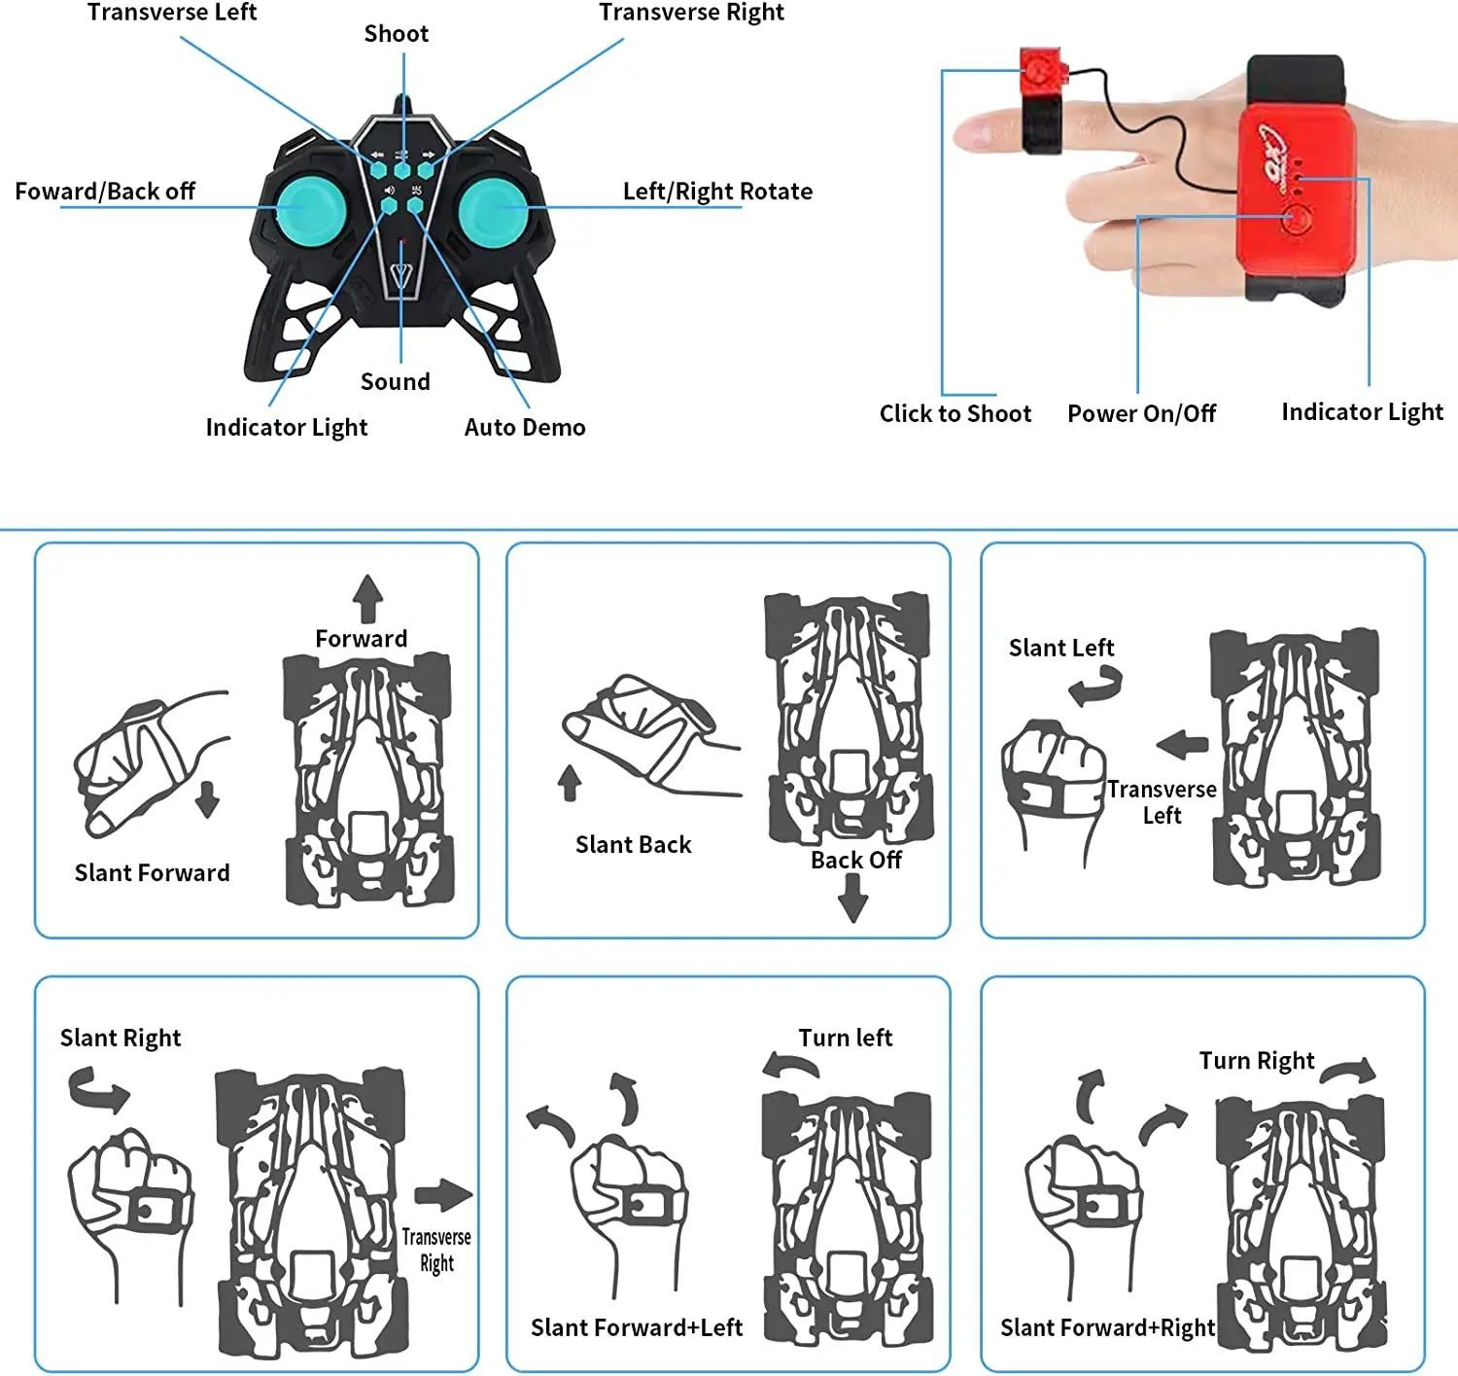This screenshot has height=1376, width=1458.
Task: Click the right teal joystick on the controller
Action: click(494, 209)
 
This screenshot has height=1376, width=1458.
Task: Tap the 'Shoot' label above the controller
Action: click(396, 34)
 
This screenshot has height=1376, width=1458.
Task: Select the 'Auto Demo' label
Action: click(525, 427)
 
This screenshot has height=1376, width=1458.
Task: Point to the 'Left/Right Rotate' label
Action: click(717, 192)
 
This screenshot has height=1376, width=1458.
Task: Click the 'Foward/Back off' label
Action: click(105, 192)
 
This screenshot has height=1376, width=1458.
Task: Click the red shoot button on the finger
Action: click(1041, 72)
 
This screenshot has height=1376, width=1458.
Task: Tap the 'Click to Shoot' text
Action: click(955, 413)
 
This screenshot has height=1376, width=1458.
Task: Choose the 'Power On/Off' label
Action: click(1141, 413)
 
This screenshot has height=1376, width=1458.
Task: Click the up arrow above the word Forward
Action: click(367, 597)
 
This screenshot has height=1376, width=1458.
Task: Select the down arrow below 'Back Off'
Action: click(853, 898)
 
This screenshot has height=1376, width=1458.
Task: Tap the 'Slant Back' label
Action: click(633, 844)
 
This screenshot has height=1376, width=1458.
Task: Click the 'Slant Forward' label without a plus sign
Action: click(152, 872)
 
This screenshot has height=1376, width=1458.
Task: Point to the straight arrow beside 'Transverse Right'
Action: click(442, 1195)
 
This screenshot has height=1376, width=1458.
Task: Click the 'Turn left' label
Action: click(845, 1038)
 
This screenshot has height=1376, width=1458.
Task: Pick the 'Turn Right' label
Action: click(1256, 1060)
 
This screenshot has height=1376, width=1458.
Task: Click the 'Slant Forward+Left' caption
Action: click(637, 1327)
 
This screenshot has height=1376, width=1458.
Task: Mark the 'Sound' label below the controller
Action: click(395, 381)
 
